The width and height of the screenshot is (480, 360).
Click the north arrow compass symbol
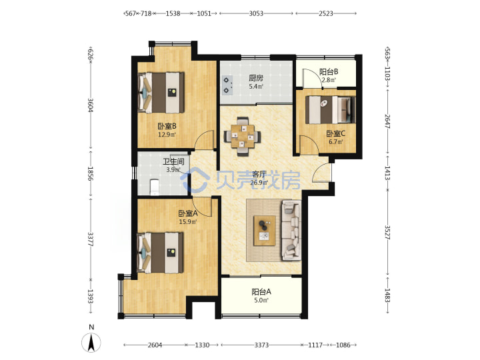click(91, 342)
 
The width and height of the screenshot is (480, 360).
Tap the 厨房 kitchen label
click(255, 78)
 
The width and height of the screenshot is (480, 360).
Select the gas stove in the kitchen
click(227, 85)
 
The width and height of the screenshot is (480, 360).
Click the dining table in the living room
click(243, 136)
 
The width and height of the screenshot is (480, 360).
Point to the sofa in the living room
click(291, 230)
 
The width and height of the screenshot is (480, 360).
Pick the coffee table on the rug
click(265, 231)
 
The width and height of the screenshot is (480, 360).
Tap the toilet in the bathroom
click(154, 187)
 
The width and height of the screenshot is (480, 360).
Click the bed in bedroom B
click(161, 93)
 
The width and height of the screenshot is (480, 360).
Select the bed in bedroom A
click(161, 253)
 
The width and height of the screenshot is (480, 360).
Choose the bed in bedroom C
click(331, 110)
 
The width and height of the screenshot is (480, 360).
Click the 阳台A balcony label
click(261, 292)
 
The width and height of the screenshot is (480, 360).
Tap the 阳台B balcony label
click(329, 72)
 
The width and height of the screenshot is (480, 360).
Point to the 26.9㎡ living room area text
click(259, 183)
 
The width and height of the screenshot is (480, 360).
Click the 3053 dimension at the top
click(256, 13)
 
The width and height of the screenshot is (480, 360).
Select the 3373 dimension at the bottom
click(261, 345)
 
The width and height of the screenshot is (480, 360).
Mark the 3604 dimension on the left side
click(90, 105)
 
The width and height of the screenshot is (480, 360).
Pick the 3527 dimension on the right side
click(387, 233)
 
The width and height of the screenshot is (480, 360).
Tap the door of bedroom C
click(309, 145)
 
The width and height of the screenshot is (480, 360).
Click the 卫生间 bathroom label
click(173, 161)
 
